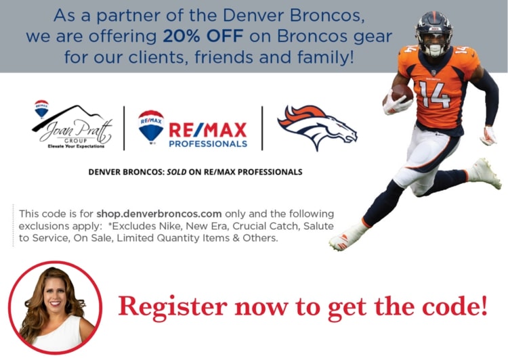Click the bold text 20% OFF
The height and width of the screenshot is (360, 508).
click(x=203, y=37)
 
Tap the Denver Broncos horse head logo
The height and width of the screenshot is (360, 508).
click(x=317, y=127)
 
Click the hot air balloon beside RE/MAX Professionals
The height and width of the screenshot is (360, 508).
click(x=151, y=127)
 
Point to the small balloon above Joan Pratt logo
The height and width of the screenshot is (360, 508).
click(x=41, y=109)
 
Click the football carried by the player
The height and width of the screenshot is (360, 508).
click(x=401, y=93)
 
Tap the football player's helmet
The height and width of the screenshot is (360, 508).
click(x=433, y=33)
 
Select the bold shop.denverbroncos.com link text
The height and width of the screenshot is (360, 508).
click(x=159, y=214)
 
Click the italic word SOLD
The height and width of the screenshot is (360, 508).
click(x=177, y=172)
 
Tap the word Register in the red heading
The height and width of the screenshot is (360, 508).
click(x=172, y=307)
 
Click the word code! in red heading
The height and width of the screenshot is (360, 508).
click(x=455, y=306)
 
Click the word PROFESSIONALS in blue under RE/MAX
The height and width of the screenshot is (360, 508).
click(x=208, y=143)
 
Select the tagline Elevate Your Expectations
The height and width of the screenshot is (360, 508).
click(x=76, y=146)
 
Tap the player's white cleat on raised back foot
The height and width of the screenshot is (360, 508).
click(x=485, y=173)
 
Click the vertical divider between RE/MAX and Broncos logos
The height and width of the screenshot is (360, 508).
click(x=262, y=128)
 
